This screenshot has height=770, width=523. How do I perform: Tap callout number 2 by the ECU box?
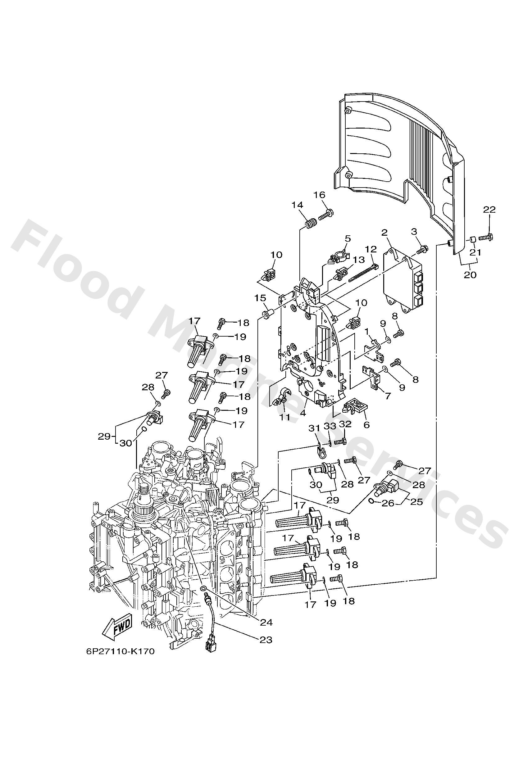tap(384, 232)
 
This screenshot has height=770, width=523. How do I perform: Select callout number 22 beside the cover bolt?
tap(489, 209)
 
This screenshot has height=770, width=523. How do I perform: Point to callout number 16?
tap(319, 194)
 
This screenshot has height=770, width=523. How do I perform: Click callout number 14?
tap(297, 205)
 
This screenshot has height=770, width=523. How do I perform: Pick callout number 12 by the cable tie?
tap(371, 248)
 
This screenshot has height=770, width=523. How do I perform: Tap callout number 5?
tap(347, 238)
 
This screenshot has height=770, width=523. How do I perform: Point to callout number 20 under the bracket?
tap(470, 274)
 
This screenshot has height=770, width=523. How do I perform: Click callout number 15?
tap(261, 298)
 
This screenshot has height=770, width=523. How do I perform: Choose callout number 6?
tap(366, 425)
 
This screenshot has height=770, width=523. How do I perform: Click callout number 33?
tap(330, 426)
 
